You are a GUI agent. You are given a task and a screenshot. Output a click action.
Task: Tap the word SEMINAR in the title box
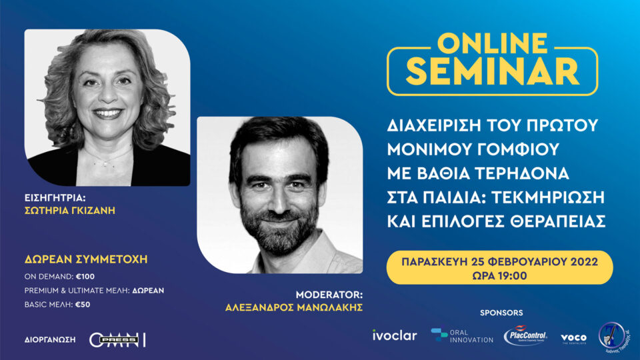[x=493, y=71]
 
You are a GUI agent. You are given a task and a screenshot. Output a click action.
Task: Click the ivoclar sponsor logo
[x=395, y=335]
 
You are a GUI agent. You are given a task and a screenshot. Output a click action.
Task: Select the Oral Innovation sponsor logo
[x=462, y=335]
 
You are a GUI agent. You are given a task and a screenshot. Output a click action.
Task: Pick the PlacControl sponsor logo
[x=525, y=335]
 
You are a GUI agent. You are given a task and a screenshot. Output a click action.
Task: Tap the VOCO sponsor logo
[x=573, y=338]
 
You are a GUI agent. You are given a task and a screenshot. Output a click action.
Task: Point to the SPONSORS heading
[x=501, y=313]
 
